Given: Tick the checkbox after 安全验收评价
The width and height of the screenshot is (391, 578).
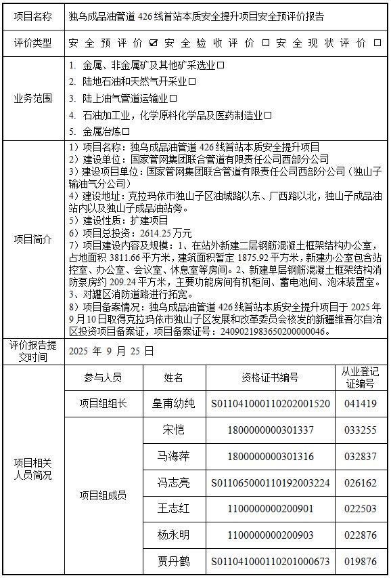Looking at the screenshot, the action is click(265, 43).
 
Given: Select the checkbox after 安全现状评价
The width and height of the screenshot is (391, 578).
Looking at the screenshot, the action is click(377, 43).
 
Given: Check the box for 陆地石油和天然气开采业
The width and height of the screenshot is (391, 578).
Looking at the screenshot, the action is click(191, 82).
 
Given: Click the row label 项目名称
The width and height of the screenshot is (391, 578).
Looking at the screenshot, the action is click(32, 16).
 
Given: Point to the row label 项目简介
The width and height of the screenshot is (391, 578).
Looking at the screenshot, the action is click(32, 239).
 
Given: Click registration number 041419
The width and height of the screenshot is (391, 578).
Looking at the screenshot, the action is click(360, 403).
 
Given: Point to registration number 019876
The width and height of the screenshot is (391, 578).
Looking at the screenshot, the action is click(360, 561).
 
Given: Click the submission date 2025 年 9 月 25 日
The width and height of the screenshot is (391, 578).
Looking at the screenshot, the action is click(112, 350).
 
